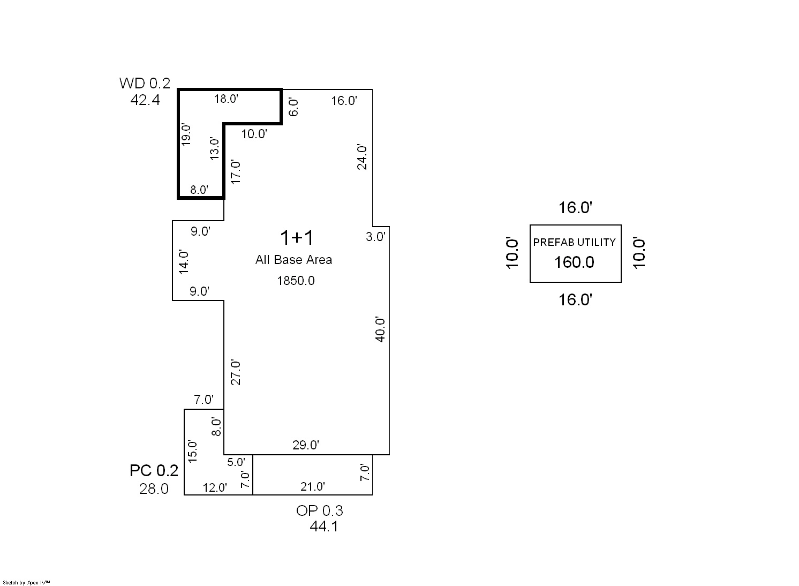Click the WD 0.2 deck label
click(145, 83)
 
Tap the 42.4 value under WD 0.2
click(145, 100)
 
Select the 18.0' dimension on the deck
click(226, 99)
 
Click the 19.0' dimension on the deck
click(186, 135)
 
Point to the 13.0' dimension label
click(214, 148)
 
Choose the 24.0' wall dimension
click(361, 157)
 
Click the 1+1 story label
click(297, 238)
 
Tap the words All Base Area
click(293, 260)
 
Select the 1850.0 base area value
click(296, 281)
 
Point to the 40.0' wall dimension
click(380, 329)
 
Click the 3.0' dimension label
click(375, 237)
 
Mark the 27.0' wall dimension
click(236, 373)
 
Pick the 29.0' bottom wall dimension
click(306, 445)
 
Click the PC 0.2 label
click(154, 471)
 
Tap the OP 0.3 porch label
click(320, 510)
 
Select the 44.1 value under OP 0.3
click(324, 527)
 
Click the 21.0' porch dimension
click(312, 486)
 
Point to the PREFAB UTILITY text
click(574, 242)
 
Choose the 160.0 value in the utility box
click(574, 262)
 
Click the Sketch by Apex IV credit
click(26, 583)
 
